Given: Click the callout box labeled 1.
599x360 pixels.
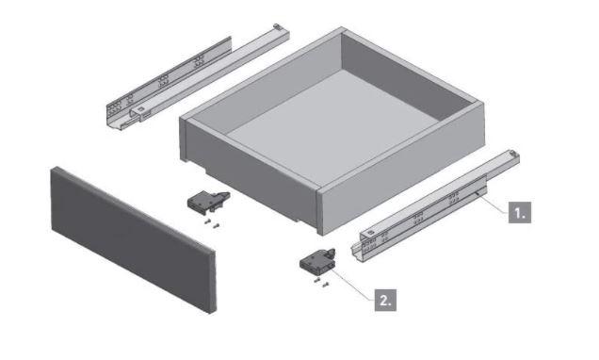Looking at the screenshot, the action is click(520, 212).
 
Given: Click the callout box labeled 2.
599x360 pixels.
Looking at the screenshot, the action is click(385, 300).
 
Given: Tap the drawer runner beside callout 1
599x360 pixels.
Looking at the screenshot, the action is click(435, 206).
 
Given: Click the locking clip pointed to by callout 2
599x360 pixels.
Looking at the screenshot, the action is click(316, 262).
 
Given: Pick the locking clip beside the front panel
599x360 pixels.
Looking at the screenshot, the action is click(207, 201).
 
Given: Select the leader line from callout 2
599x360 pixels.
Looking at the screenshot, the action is click(353, 285).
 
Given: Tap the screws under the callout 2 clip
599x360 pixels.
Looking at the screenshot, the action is click(321, 283).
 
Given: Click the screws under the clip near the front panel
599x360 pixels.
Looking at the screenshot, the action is click(212, 223).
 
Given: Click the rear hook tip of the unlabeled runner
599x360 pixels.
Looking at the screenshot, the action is click(277, 26).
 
